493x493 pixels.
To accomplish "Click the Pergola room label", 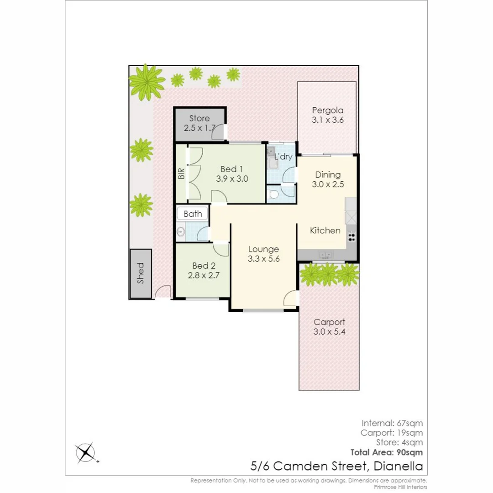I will point(327,110).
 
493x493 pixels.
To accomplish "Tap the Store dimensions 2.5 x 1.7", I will point(199,128).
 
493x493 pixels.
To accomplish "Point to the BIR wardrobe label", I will point(181,173).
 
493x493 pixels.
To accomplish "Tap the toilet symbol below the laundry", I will point(274,195).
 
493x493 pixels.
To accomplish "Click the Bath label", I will point(193,214).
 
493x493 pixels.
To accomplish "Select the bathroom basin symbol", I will point(180,232).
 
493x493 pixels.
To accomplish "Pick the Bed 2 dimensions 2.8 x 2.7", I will point(204,276).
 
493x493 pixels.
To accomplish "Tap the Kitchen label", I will point(325,231).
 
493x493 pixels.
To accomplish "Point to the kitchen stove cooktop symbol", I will point(351,236).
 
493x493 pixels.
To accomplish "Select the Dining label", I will point(328,174).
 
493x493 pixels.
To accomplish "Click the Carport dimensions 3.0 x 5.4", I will point(329,332).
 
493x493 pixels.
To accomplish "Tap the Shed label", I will point(140,273).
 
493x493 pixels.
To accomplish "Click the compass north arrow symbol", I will point(86,452).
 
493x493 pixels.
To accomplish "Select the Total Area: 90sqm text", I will point(386,452).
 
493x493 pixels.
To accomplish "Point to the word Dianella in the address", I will point(398,466).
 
